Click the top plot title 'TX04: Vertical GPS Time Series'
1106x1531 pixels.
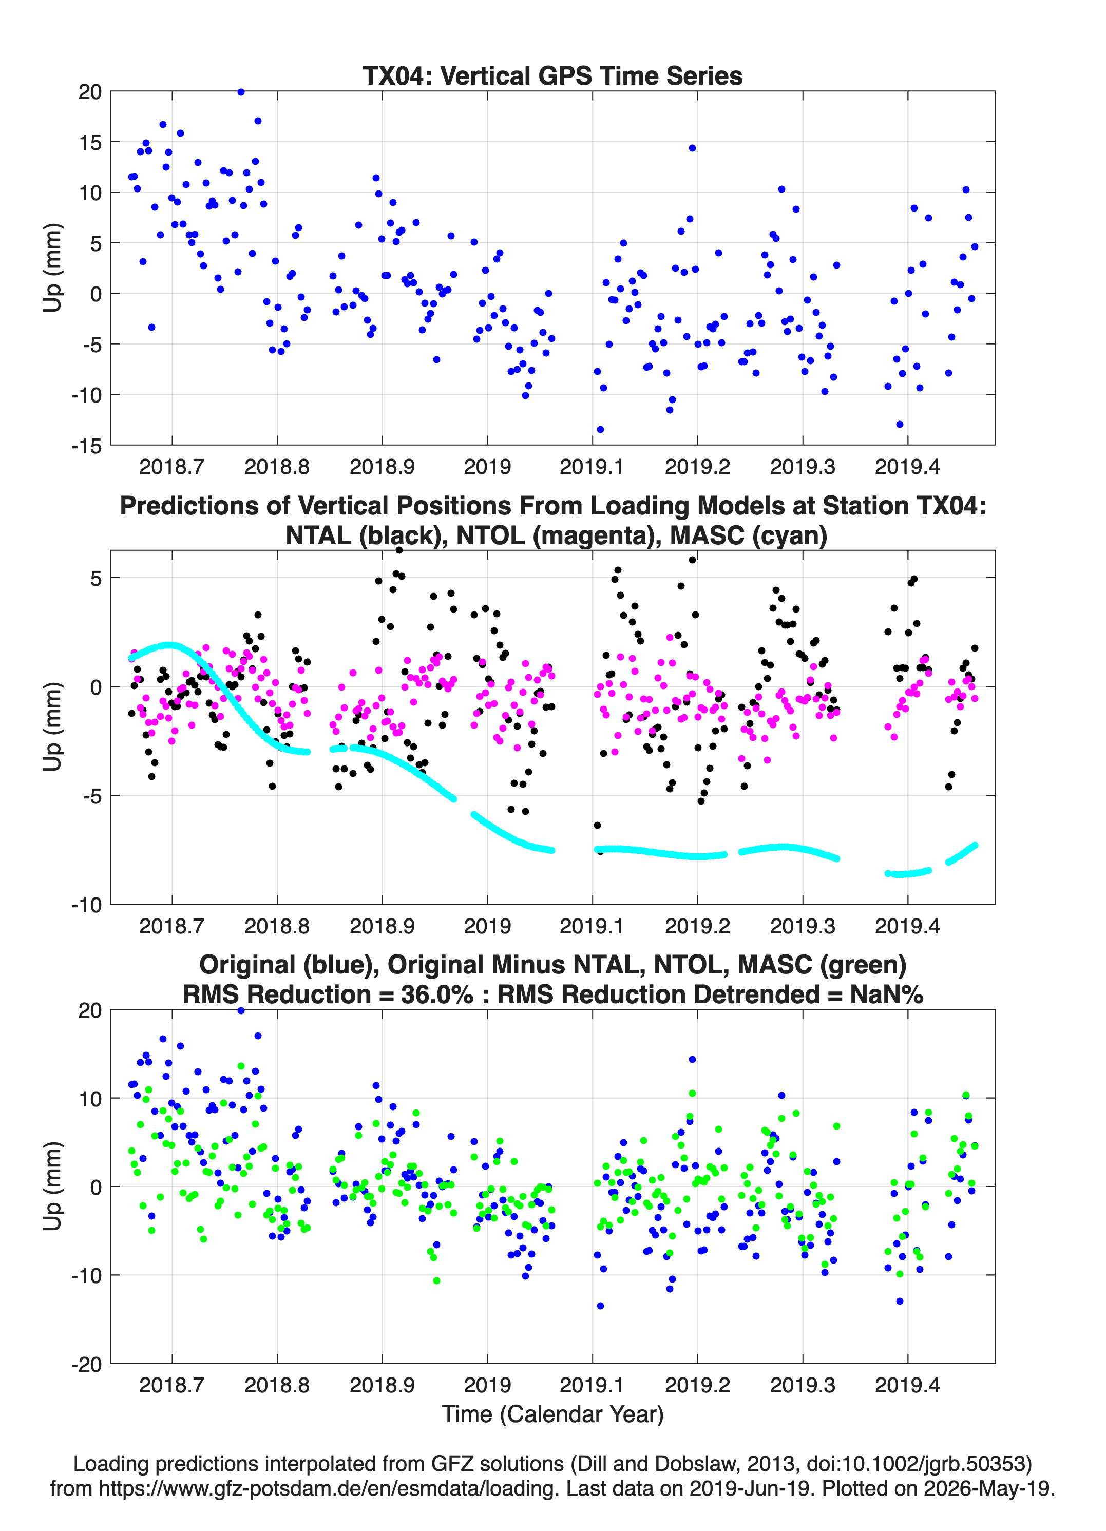coord(552,75)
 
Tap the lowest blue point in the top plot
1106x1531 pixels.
coord(600,429)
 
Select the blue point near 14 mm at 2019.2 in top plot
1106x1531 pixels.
coord(692,148)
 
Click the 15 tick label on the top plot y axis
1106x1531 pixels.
coord(90,142)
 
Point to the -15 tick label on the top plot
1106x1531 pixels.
coord(86,446)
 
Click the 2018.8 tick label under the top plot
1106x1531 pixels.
coord(277,467)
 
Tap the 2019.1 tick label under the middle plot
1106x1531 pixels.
coord(592,926)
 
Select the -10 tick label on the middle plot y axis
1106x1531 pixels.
coord(86,905)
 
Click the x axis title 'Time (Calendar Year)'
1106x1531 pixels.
coord(552,1414)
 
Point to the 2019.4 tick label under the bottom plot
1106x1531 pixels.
coord(907,1385)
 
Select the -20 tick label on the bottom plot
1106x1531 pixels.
coord(86,1364)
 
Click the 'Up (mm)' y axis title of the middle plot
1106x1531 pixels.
coord(53,726)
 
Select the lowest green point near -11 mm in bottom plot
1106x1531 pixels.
coord(436,1280)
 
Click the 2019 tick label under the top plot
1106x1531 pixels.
coord(487,467)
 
